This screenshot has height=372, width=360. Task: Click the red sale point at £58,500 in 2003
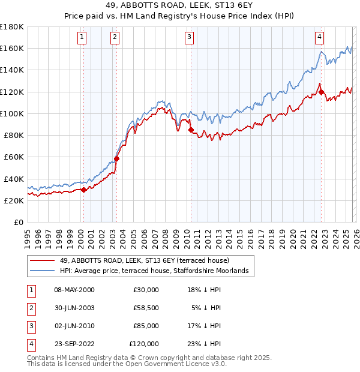[x=117, y=159]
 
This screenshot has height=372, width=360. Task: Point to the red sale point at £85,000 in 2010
[x=191, y=130]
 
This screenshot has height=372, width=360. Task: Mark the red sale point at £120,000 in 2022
[x=321, y=92]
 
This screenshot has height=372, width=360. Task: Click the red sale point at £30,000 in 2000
[x=84, y=190]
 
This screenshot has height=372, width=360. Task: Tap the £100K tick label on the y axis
[x=11, y=113]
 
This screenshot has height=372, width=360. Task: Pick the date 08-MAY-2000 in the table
[x=74, y=289]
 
